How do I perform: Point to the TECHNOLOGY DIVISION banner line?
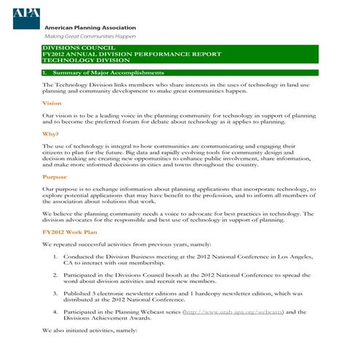point(76,61)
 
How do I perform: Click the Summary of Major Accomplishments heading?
point(103,73)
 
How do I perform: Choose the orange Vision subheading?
point(52,103)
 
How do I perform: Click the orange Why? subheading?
point(50,134)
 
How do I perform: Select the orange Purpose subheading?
point(55,177)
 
